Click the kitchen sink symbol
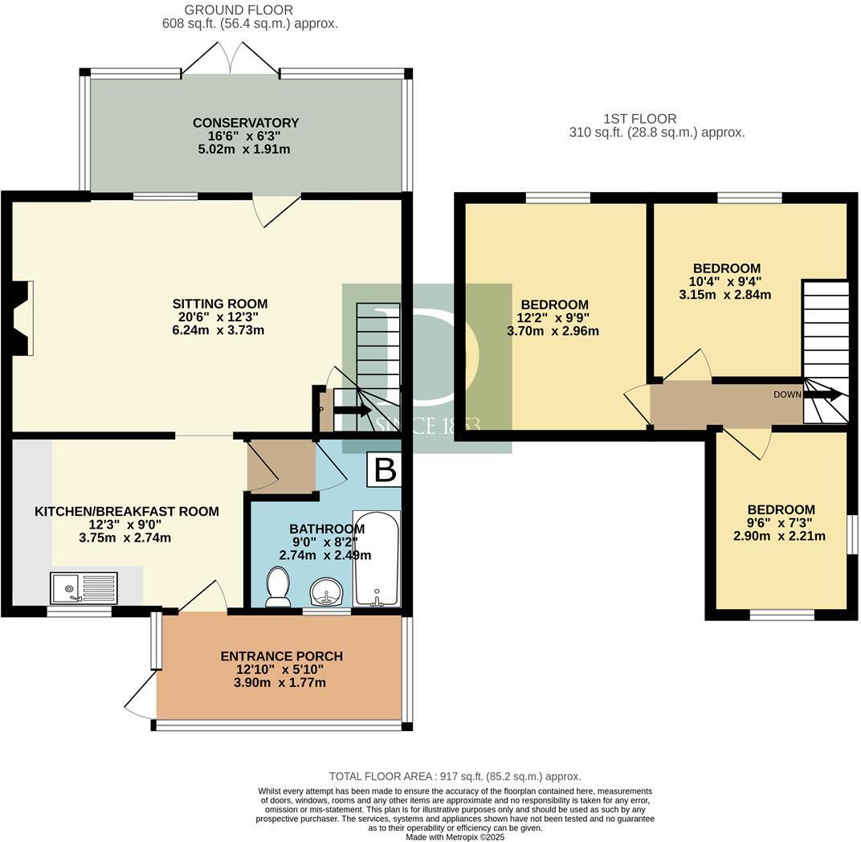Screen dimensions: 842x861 pyautogui.click(x=84, y=587)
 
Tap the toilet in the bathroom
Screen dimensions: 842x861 pyautogui.click(x=278, y=587)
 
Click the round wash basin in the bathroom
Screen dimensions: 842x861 pyautogui.click(x=327, y=591)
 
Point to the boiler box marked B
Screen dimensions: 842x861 pyautogui.click(x=384, y=470)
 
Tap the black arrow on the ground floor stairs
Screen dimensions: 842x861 pyautogui.click(x=351, y=410)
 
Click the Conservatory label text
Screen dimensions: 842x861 pyautogui.click(x=246, y=123)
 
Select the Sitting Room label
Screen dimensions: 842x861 pyautogui.click(x=219, y=304)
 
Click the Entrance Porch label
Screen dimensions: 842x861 pyautogui.click(x=281, y=656)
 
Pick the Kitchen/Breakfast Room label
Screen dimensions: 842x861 pyautogui.click(x=126, y=511)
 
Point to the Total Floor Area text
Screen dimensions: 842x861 pyautogui.click(x=455, y=776)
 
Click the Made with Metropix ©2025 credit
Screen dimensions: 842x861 pyautogui.click(x=455, y=836)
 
